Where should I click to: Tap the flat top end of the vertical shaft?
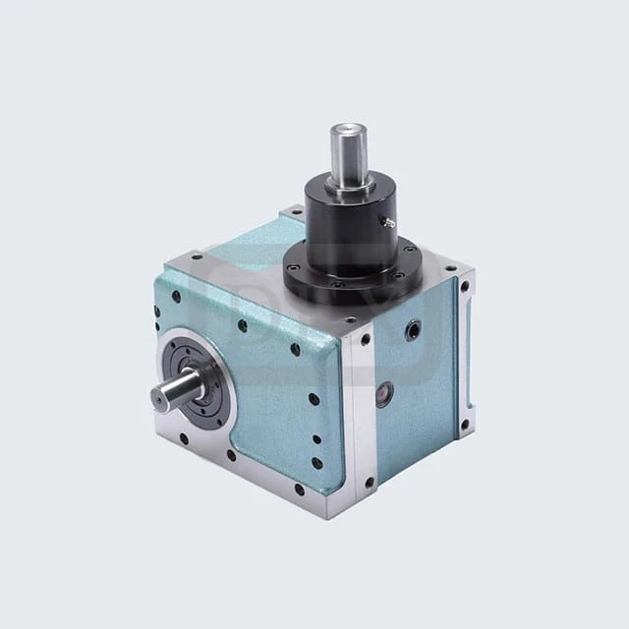click(347, 128)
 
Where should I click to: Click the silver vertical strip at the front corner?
click(362, 413)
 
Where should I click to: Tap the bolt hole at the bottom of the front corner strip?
click(369, 482)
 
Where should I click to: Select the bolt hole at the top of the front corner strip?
click(365, 340)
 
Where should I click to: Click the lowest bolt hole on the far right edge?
click(465, 426)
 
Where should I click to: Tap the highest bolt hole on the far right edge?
click(465, 288)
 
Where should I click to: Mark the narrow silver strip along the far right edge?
click(465, 354)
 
